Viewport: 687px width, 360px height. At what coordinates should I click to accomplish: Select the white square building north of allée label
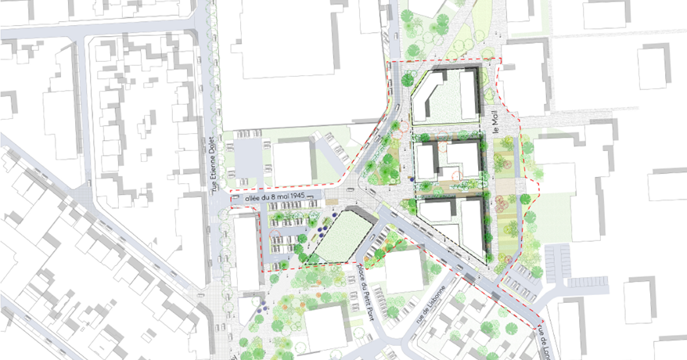tap(292, 162)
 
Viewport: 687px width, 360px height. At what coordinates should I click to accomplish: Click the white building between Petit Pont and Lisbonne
tap(404, 269)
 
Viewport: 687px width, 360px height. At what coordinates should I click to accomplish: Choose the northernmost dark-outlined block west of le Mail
tap(447, 98)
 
